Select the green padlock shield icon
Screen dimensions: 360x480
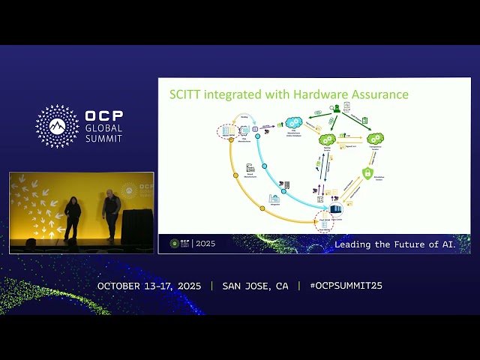coord(368,174)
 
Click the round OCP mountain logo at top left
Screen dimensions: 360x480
coord(57,126)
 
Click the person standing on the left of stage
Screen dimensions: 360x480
coord(72,216)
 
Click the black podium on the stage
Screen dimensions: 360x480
coord(136,226)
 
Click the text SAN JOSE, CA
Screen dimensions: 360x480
coord(255,286)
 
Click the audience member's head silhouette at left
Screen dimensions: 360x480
coord(31,243)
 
